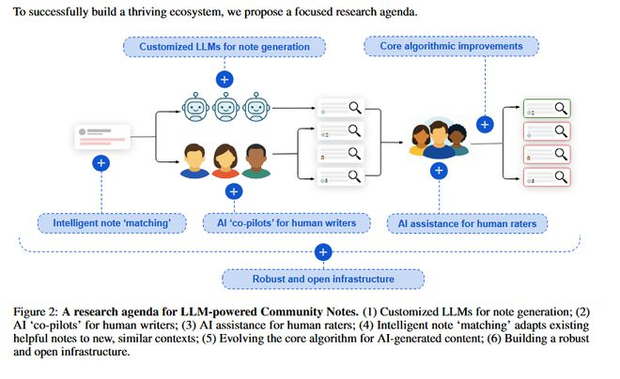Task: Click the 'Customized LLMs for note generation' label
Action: point(225,46)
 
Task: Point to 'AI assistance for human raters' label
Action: point(467,223)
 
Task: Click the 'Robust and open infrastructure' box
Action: point(322,279)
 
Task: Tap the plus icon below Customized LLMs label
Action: point(225,79)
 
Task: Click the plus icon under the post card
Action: point(101,162)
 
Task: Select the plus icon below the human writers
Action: point(234,191)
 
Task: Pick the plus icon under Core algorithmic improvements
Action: point(485,124)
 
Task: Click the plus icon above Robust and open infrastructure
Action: point(322,251)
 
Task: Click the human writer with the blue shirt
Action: point(194,160)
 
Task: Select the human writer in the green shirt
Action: point(256,160)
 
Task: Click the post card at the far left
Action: point(101,136)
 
